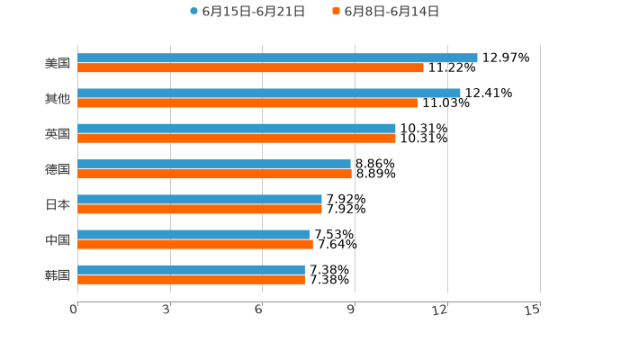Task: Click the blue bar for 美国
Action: tap(277, 58)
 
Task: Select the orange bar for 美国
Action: tap(250, 67)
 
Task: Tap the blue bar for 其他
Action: tap(269, 93)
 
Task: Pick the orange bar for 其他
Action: tap(247, 103)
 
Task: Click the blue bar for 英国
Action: tap(237, 129)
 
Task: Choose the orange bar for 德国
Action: tap(214, 174)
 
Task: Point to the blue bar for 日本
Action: tap(200, 199)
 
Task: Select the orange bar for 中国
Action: tap(195, 244)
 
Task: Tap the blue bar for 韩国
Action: tap(191, 269)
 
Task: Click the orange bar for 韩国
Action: tap(191, 279)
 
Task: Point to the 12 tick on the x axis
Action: tap(441, 310)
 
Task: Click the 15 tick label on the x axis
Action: tap(533, 310)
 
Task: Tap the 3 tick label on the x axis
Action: tap(167, 310)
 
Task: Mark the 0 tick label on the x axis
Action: tap(75, 310)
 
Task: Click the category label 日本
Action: tap(58, 204)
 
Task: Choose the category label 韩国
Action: tap(58, 274)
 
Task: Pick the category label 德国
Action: tap(58, 169)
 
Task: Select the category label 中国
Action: tap(58, 239)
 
